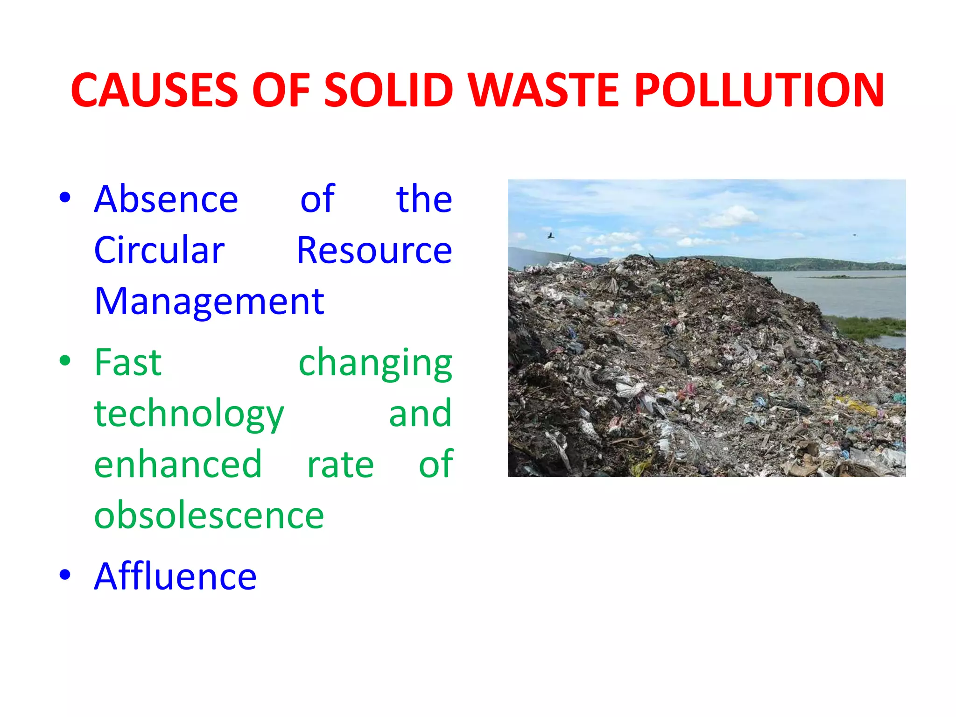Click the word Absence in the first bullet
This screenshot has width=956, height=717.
pyautogui.click(x=166, y=199)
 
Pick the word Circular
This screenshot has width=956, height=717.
pyautogui.click(x=159, y=250)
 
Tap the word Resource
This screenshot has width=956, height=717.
pyautogui.click(x=374, y=250)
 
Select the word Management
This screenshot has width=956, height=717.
pyautogui.click(x=209, y=302)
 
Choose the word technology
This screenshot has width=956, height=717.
pyautogui.click(x=189, y=415)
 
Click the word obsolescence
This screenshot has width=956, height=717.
pyautogui.click(x=209, y=515)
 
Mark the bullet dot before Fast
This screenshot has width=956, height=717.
pyautogui.click(x=65, y=360)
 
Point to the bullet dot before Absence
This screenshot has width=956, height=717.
pyautogui.click(x=65, y=197)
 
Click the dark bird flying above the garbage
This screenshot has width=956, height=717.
pyautogui.click(x=551, y=236)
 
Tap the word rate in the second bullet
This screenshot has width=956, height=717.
pyautogui.click(x=340, y=465)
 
